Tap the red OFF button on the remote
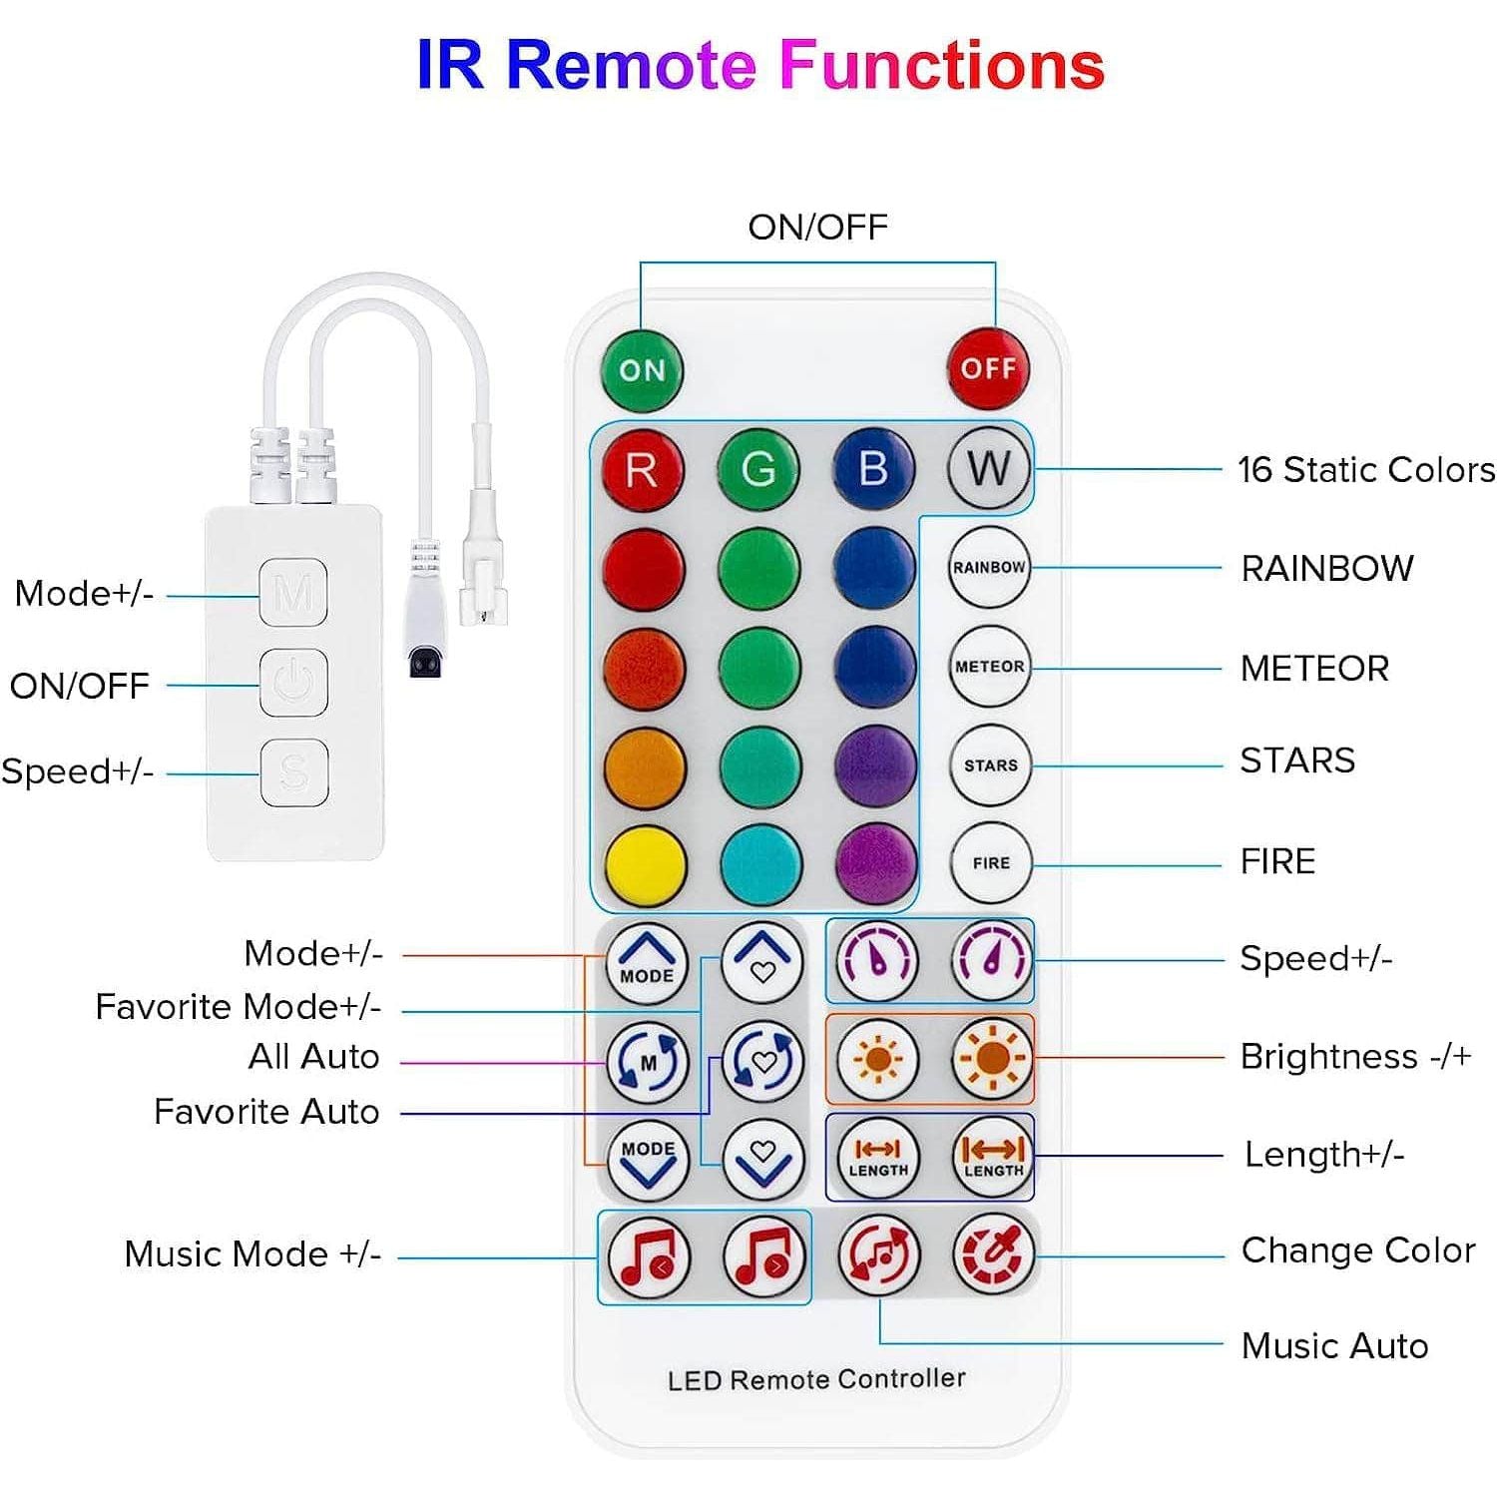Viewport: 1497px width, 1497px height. (988, 369)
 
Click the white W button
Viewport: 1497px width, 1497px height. (989, 468)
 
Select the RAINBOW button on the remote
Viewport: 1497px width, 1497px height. (989, 567)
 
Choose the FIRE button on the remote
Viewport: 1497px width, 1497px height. (991, 863)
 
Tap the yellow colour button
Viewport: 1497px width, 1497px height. (646, 864)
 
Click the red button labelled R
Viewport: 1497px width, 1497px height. (643, 469)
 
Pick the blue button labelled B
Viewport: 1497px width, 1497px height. (874, 468)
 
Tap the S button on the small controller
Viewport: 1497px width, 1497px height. (294, 771)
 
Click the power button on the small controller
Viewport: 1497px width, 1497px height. (294, 683)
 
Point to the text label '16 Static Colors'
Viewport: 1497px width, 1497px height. (1365, 469)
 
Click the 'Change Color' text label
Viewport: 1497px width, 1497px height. (1357, 1250)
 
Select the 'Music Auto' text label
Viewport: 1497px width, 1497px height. (1334, 1346)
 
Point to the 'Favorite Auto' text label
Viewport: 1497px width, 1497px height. (266, 1112)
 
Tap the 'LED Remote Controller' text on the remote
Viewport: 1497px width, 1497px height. (816, 1379)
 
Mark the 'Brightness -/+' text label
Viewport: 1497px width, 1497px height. (1355, 1057)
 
